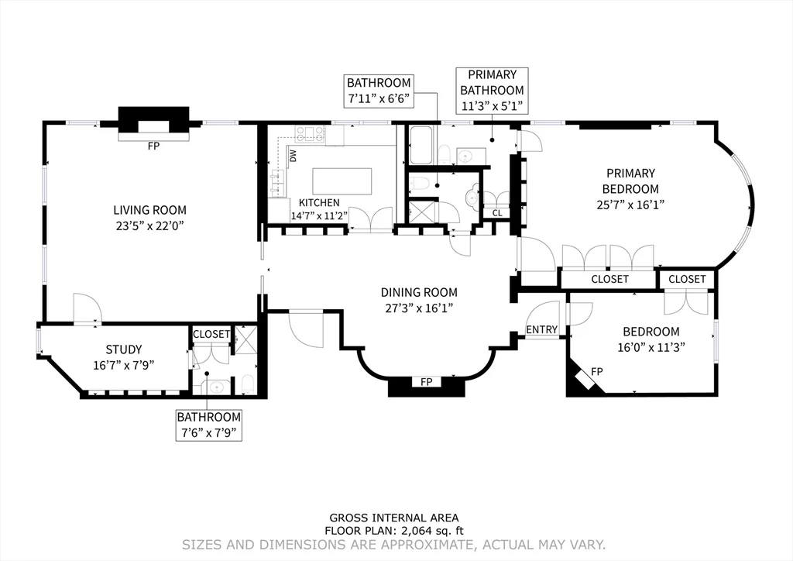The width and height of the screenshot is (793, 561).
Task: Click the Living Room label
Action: tap(149, 210)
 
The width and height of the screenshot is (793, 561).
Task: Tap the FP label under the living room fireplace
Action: tap(153, 146)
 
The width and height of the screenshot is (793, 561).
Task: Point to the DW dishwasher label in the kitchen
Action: tap(294, 156)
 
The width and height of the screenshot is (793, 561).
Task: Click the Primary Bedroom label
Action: tap(631, 181)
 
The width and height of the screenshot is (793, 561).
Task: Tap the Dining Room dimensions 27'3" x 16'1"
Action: tap(418, 308)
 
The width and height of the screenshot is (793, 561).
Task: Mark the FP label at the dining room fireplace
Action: tap(426, 382)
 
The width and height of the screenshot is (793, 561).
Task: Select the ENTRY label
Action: tap(541, 329)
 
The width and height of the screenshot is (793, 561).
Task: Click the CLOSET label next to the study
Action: tap(211, 334)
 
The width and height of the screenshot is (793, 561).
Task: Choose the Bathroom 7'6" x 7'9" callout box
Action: tap(208, 425)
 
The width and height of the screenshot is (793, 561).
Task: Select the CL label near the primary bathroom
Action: tap(496, 213)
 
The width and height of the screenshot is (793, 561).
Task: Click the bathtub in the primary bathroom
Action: tap(423, 146)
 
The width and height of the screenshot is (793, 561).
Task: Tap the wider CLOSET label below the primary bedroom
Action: tap(609, 279)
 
